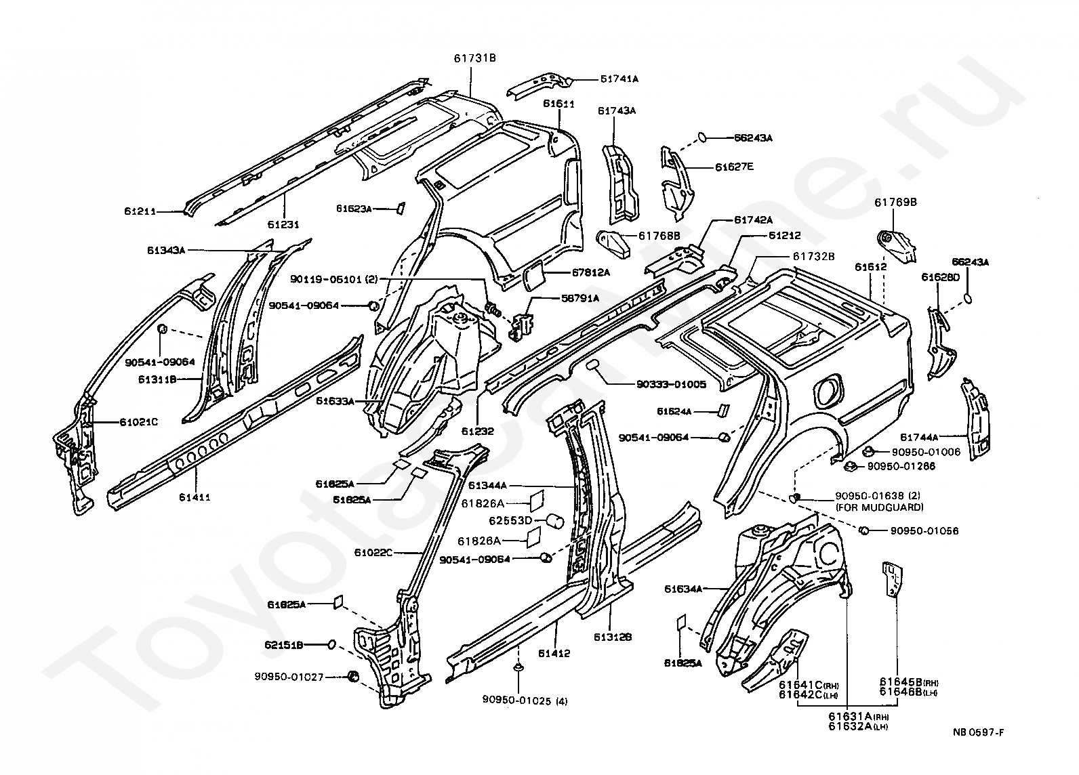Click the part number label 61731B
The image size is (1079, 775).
point(474,58)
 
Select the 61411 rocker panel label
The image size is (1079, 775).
point(195,497)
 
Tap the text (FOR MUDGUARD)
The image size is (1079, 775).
point(879,507)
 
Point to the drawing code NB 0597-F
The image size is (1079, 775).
point(978,732)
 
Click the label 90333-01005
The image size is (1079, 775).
point(671,384)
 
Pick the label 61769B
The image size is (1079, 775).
point(895,202)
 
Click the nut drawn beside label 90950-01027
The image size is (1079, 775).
point(352,675)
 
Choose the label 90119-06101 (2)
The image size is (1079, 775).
point(335,279)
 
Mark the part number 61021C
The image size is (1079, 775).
point(139,422)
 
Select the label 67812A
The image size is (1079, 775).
point(590,272)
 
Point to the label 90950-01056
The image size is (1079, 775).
point(924,530)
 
